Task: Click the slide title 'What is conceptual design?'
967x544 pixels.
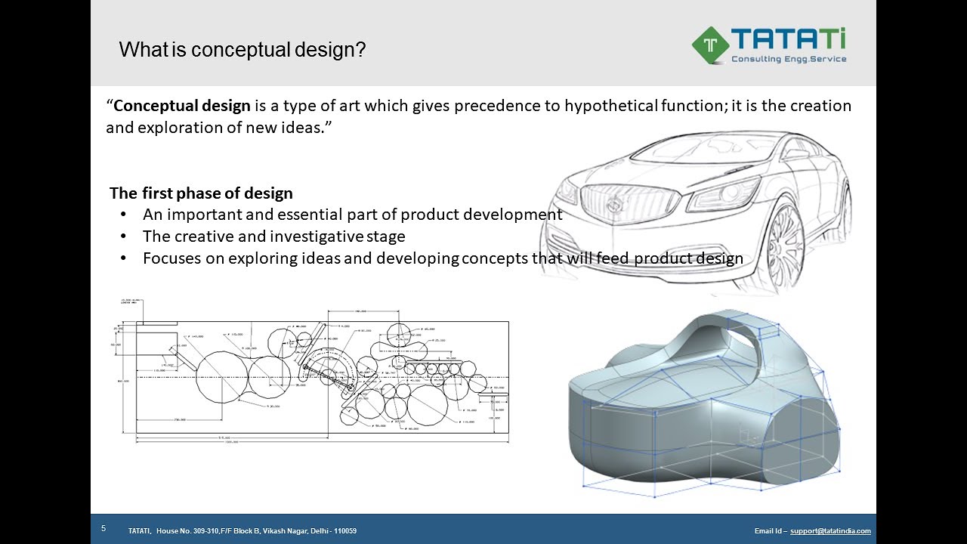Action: [243, 51]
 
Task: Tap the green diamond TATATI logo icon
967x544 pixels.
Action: [710, 45]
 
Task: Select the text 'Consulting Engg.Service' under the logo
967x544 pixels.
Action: [789, 59]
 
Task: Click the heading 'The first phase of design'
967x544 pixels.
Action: [201, 193]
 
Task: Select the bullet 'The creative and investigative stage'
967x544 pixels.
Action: [273, 236]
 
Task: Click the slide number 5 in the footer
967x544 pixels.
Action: [103, 529]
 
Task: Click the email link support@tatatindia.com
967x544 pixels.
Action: [830, 531]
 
